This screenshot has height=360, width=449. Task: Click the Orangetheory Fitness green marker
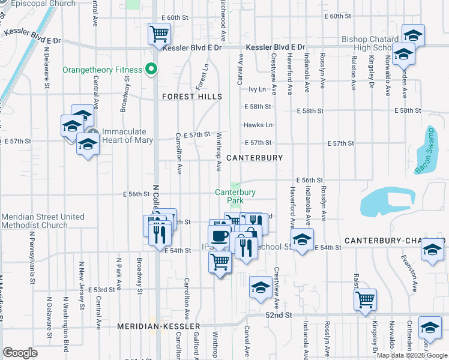coord(152,69)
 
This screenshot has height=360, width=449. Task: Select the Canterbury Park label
coord(236,196)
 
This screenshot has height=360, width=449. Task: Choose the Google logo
coord(20,353)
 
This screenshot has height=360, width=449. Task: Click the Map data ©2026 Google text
coord(412,355)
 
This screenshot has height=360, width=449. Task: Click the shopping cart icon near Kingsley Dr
coord(365,299)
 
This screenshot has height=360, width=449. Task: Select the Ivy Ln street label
coord(256,89)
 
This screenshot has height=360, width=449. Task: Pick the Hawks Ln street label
coord(258,125)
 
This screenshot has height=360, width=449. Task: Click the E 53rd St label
coord(101,289)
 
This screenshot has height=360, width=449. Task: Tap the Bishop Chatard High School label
coord(370,43)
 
